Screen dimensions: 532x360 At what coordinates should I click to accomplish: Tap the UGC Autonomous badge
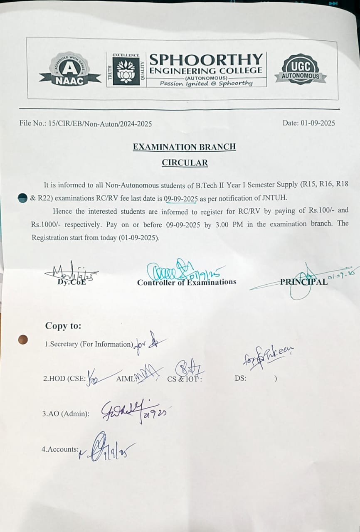pos(301,69)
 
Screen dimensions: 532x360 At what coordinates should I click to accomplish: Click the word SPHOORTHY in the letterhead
pos(206,59)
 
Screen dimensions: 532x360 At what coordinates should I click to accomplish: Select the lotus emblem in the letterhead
pos(123,70)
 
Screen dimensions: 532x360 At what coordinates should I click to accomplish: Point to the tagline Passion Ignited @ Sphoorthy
pos(206,83)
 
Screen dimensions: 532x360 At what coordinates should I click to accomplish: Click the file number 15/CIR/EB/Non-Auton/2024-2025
pos(100,123)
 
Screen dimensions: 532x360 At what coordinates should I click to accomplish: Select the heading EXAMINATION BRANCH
pos(184,147)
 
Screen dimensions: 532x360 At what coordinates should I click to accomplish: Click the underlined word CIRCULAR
pos(185,163)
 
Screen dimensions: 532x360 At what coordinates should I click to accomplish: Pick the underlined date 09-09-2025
pos(180,199)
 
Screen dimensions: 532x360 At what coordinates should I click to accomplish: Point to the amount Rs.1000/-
pos(45,224)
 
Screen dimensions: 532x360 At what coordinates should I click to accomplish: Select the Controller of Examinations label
pos(187,282)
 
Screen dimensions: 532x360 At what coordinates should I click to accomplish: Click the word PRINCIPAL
pos(303,282)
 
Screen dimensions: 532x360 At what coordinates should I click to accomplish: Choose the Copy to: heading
pos(63,326)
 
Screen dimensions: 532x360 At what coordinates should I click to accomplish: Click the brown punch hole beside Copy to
pos(23,340)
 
